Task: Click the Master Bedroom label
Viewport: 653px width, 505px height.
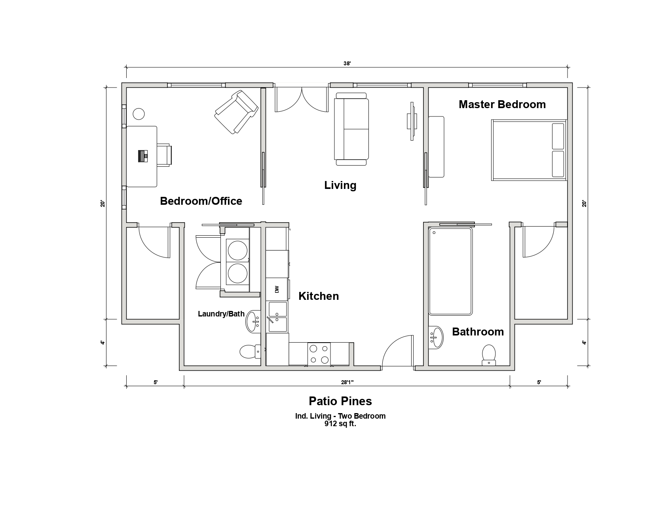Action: tap(502, 105)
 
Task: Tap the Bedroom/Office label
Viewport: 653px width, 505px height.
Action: tap(201, 201)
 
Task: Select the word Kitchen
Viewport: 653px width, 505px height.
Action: tap(319, 296)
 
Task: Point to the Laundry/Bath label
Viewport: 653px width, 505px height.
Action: tap(221, 314)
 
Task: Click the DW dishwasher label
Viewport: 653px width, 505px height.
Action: tap(277, 289)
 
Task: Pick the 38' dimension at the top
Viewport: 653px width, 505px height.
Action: tap(347, 63)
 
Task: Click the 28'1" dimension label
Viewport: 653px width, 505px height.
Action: tap(347, 382)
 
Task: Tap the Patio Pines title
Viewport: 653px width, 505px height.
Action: tap(340, 401)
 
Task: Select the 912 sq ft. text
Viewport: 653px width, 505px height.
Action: tap(340, 424)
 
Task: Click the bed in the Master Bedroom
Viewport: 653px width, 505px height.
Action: tap(529, 150)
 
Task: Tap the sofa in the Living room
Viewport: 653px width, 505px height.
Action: tap(351, 129)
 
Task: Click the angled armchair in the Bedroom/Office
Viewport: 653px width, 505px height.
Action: tap(236, 112)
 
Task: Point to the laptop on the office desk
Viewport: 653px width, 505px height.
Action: tap(143, 156)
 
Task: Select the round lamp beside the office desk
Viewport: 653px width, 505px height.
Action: tap(139, 114)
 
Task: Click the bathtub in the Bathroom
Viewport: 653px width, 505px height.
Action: tap(450, 272)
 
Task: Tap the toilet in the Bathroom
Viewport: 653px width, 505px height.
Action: tap(489, 355)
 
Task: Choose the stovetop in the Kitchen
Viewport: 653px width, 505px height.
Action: tap(319, 354)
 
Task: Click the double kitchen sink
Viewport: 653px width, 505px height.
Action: tap(278, 317)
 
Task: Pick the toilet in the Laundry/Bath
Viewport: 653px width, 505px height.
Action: tap(250, 351)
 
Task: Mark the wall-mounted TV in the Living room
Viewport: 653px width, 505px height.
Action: tap(412, 121)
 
